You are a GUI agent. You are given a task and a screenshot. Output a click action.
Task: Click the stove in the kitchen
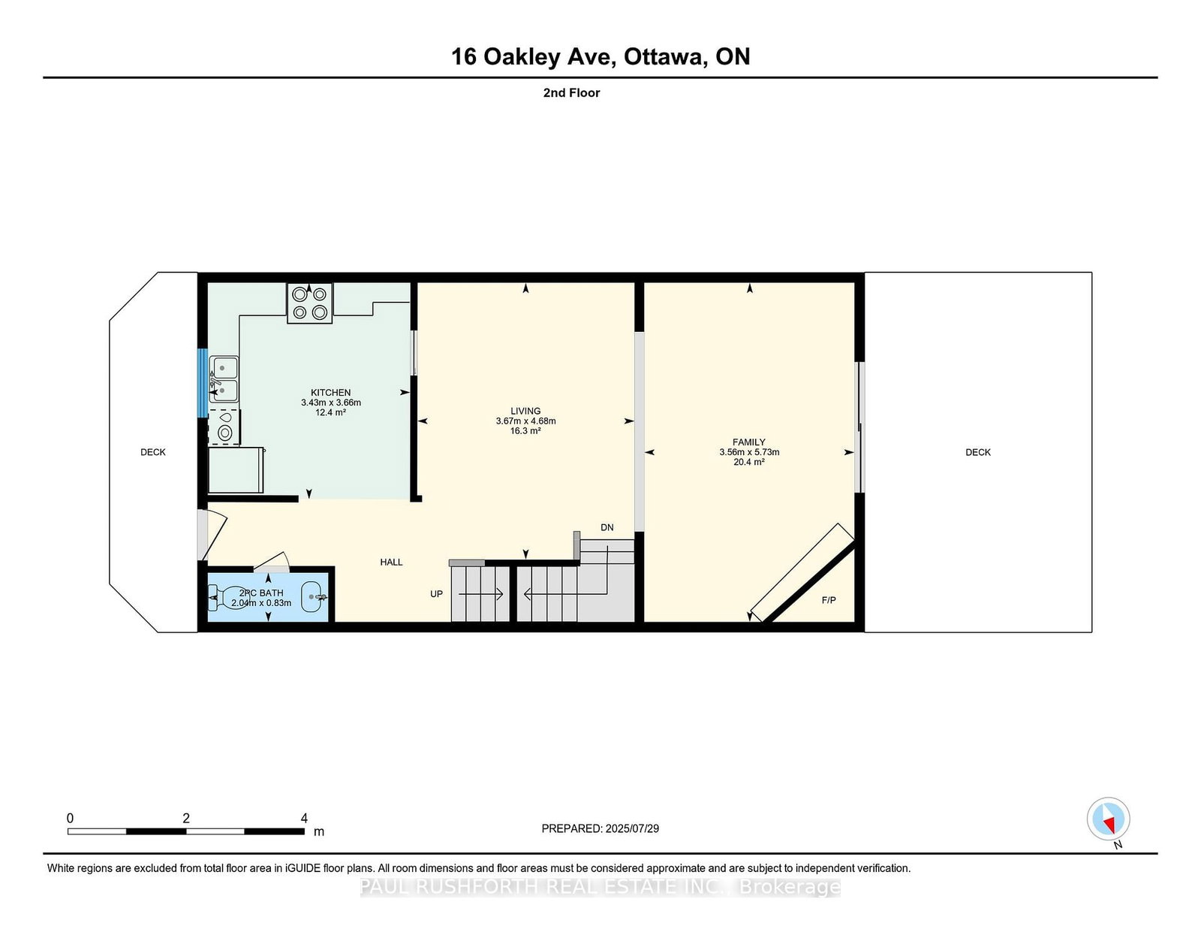pyautogui.click(x=309, y=303)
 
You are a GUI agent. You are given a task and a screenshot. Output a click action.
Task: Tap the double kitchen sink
pyautogui.click(x=224, y=379)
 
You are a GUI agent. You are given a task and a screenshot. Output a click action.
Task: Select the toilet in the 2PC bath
pyautogui.click(x=223, y=598)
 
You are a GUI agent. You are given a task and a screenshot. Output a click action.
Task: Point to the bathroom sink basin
pyautogui.click(x=314, y=597)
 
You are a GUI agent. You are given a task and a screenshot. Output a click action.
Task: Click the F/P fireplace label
pyautogui.click(x=829, y=601)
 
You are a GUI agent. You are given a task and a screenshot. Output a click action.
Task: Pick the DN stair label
pyautogui.click(x=607, y=527)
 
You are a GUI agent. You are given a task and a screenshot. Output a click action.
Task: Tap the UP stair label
pyautogui.click(x=437, y=594)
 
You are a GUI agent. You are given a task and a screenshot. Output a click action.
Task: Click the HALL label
pyautogui.click(x=391, y=563)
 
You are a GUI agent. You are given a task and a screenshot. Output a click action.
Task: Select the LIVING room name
pyautogui.click(x=525, y=411)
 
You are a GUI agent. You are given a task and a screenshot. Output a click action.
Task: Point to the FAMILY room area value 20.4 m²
pyautogui.click(x=749, y=463)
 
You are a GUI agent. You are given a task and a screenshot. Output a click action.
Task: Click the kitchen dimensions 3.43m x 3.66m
pyautogui.click(x=331, y=403)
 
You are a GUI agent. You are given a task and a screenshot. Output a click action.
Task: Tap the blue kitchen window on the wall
pyautogui.click(x=203, y=383)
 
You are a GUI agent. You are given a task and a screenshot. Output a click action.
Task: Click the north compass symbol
pyautogui.click(x=1108, y=819)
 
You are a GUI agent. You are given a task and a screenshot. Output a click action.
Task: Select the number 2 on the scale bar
pyautogui.click(x=186, y=819)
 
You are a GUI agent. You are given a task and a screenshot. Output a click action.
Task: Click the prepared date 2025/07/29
pyautogui.click(x=632, y=828)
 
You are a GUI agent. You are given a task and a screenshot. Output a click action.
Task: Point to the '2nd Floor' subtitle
pyautogui.click(x=571, y=93)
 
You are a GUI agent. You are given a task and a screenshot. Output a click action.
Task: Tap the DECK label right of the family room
pyautogui.click(x=978, y=452)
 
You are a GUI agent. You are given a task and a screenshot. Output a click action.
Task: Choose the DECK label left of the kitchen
pyautogui.click(x=153, y=452)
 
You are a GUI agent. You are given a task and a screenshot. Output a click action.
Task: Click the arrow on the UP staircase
pyautogui.click(x=481, y=595)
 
